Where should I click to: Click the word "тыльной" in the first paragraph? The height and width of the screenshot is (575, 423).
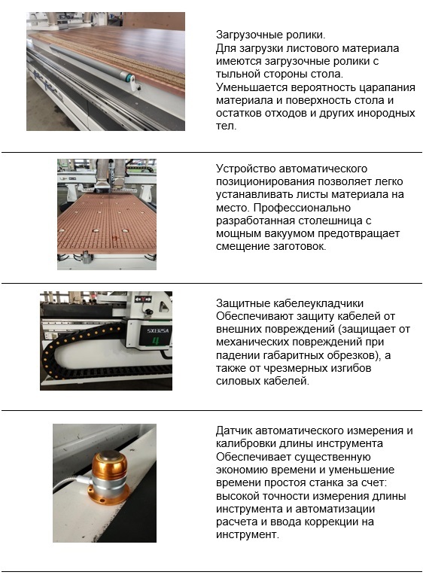tap(238, 74)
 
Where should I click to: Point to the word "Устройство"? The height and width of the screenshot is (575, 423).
tap(246, 169)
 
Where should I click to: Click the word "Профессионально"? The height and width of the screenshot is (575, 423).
tap(302, 208)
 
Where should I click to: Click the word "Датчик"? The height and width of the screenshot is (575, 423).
tap(233, 430)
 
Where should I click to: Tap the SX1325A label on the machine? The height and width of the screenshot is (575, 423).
tap(158, 330)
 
